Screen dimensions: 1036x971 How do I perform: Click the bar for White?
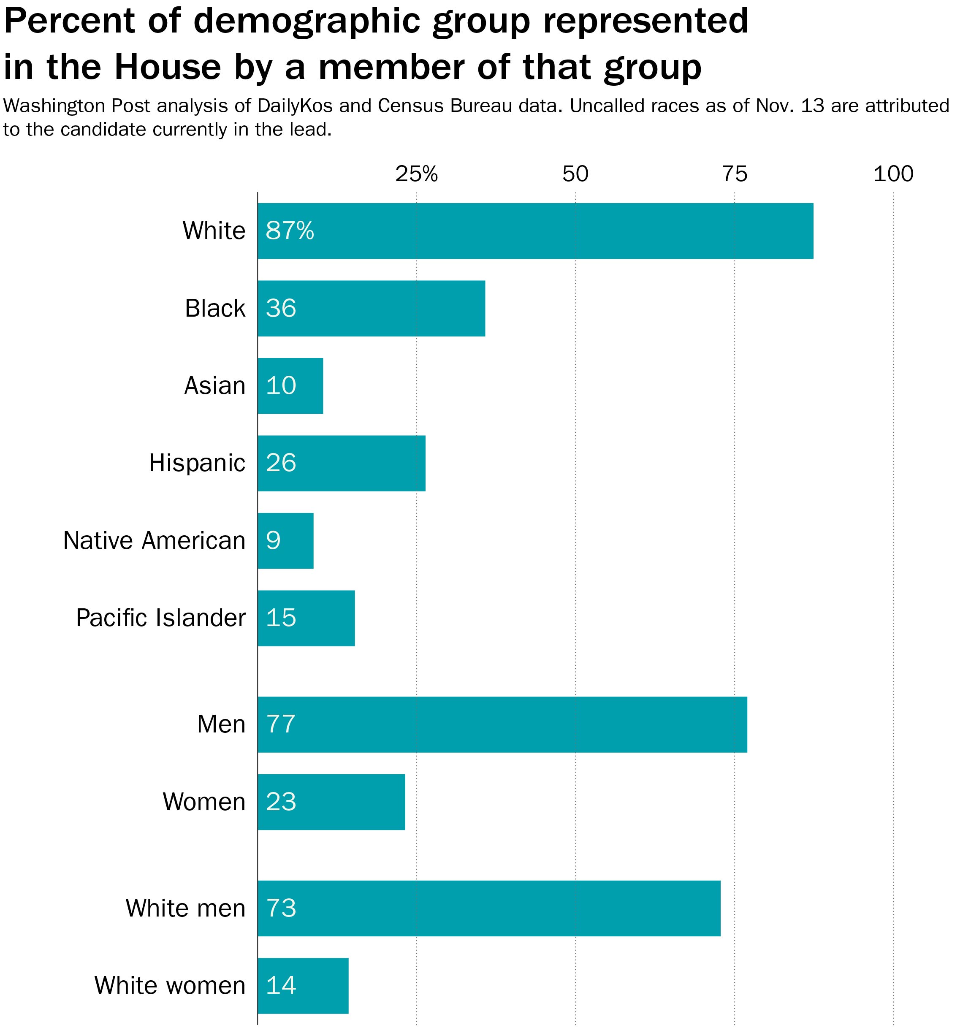coord(535,231)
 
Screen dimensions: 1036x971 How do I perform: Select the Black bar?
coord(371,309)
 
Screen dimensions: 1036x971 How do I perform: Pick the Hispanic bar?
coord(342,463)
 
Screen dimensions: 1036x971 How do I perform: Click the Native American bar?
coord(286,541)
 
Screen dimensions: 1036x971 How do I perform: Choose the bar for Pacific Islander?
coord(306,618)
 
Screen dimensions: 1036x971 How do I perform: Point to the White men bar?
coord(489,909)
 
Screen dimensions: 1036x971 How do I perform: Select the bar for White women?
coord(303,986)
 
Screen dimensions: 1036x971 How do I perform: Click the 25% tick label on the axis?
coord(416,174)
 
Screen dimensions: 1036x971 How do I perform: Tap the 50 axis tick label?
coord(575,174)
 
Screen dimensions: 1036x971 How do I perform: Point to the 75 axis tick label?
coord(735,174)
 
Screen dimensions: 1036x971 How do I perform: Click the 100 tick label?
coord(893,174)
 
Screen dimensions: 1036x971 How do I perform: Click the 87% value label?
coord(290,231)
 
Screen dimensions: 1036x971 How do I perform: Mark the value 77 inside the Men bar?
coord(281,724)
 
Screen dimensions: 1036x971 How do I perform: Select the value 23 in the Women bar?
coord(281,802)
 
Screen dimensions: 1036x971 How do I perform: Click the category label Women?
coord(204,802)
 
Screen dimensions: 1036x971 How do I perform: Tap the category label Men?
coord(221,724)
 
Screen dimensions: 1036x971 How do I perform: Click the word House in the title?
coord(168,67)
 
